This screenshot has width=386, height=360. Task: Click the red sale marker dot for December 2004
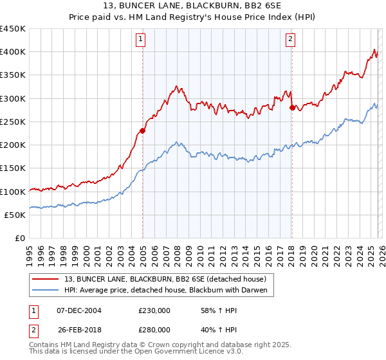142,130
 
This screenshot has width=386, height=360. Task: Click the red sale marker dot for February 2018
292,107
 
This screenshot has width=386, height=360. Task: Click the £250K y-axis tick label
13,122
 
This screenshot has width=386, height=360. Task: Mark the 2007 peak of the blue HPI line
177,143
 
